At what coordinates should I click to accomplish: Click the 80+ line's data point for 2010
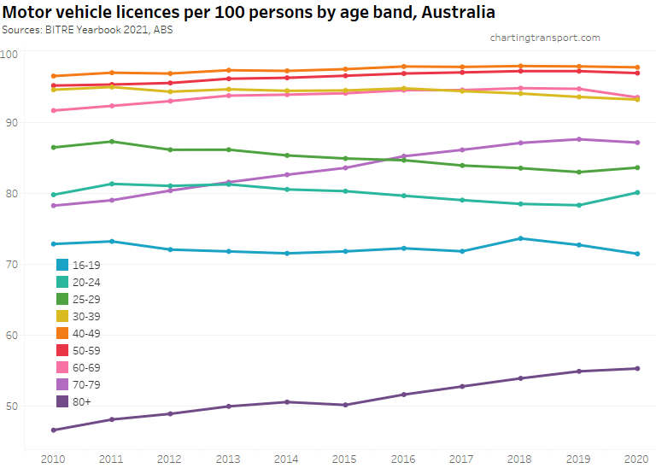53,430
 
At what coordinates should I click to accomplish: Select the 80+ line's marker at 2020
637,369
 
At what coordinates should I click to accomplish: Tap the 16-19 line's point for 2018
520,238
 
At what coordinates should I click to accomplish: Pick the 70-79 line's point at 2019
579,139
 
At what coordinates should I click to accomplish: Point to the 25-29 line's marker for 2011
112,142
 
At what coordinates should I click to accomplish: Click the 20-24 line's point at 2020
637,192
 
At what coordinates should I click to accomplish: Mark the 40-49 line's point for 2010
53,76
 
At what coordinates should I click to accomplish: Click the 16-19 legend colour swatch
62,265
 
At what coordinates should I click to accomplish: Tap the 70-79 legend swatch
62,384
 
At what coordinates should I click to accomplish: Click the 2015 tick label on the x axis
345,459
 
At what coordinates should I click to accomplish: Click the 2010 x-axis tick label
53,459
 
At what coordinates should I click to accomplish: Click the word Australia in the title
458,12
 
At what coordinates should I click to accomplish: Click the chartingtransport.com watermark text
545,38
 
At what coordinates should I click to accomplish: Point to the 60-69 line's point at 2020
637,97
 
